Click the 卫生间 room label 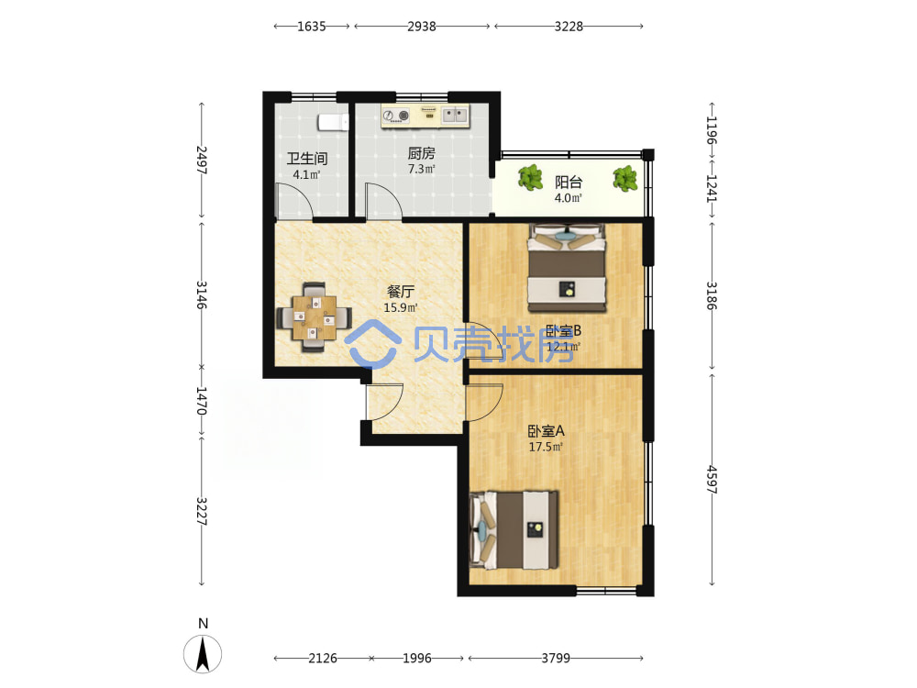click(306, 159)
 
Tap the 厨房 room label click(421, 153)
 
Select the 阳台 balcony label click(569, 182)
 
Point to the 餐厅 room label click(401, 292)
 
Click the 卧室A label click(546, 431)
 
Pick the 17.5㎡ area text click(546, 448)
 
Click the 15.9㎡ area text click(401, 307)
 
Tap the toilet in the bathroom click(333, 122)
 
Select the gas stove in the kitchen click(396, 116)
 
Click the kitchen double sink click(455, 115)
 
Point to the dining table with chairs click(315, 317)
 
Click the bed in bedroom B click(567, 268)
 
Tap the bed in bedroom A click(514, 530)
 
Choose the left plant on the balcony click(530, 177)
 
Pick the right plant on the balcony click(625, 179)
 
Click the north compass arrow click(203, 655)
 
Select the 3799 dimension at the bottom click(556, 658)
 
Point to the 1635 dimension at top click(311, 27)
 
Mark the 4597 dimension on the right click(712, 480)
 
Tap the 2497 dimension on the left click(202, 161)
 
